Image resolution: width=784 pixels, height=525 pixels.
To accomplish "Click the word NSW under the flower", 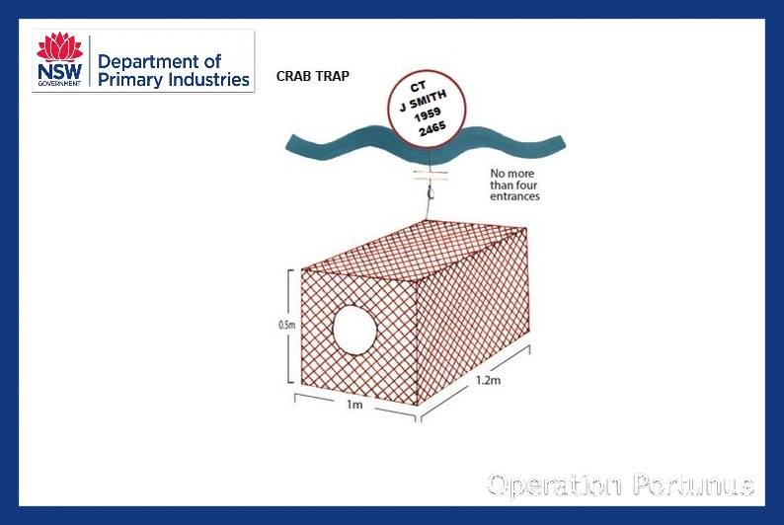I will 59,72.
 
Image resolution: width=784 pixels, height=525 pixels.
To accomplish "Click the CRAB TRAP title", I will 312,76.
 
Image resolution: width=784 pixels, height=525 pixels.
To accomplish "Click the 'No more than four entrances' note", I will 514,184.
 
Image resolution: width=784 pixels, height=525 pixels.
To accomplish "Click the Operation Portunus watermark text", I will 622,484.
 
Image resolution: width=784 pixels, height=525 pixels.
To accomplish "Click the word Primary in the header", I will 127,79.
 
